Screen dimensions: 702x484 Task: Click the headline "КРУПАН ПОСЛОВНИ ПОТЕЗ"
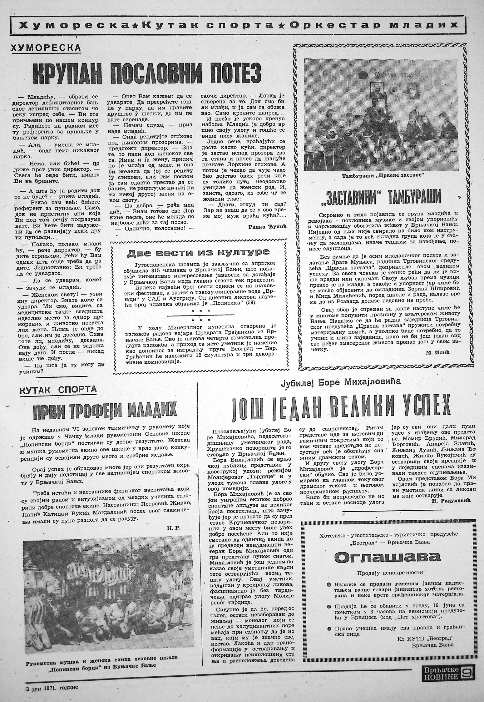pyautogui.click(x=146, y=74)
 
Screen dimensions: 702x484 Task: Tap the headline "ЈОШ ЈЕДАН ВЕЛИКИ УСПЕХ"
pyautogui.click(x=339, y=407)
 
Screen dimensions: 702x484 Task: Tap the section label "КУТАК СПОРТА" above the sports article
pyautogui.click(x=58, y=390)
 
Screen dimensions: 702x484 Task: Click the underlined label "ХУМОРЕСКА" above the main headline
pyautogui.click(x=46, y=48)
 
